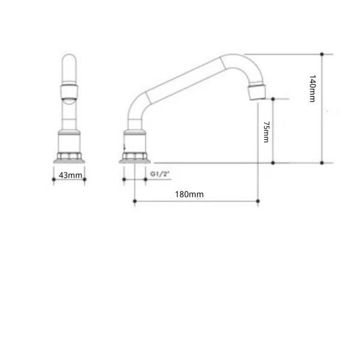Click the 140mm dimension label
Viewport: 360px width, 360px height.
click(313, 88)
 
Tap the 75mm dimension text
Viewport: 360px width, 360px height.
click(266, 132)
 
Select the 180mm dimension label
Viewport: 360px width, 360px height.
click(189, 194)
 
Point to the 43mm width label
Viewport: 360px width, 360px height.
click(70, 175)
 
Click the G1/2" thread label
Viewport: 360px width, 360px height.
click(160, 174)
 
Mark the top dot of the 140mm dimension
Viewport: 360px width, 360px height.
click(322, 54)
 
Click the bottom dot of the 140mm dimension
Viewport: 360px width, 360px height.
click(322, 163)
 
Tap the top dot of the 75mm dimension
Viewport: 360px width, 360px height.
click(273, 99)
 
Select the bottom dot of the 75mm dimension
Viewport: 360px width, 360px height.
click(273, 163)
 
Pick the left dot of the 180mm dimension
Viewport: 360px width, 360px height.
click(135, 201)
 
